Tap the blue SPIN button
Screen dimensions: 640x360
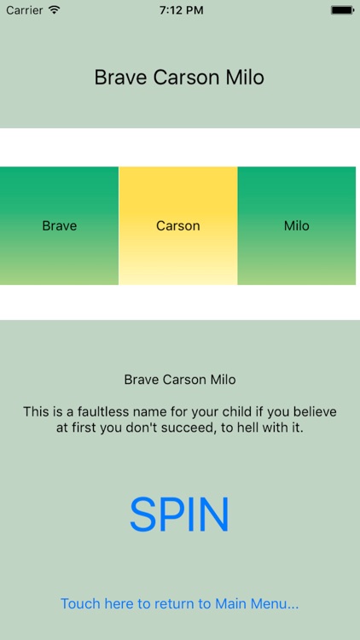click(x=179, y=515)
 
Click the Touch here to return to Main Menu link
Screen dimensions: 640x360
click(x=179, y=604)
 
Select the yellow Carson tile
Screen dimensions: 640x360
click(x=177, y=226)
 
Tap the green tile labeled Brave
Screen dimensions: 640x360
click(x=59, y=226)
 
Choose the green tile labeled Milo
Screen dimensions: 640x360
click(x=296, y=226)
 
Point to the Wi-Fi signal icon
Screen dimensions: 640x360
click(x=55, y=10)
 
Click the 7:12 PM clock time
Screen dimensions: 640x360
click(x=179, y=10)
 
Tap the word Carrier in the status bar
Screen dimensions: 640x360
click(x=24, y=10)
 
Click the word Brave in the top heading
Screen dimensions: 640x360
click(x=120, y=78)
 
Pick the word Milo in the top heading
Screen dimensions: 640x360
click(x=245, y=78)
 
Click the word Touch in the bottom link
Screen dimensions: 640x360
click(x=80, y=604)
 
